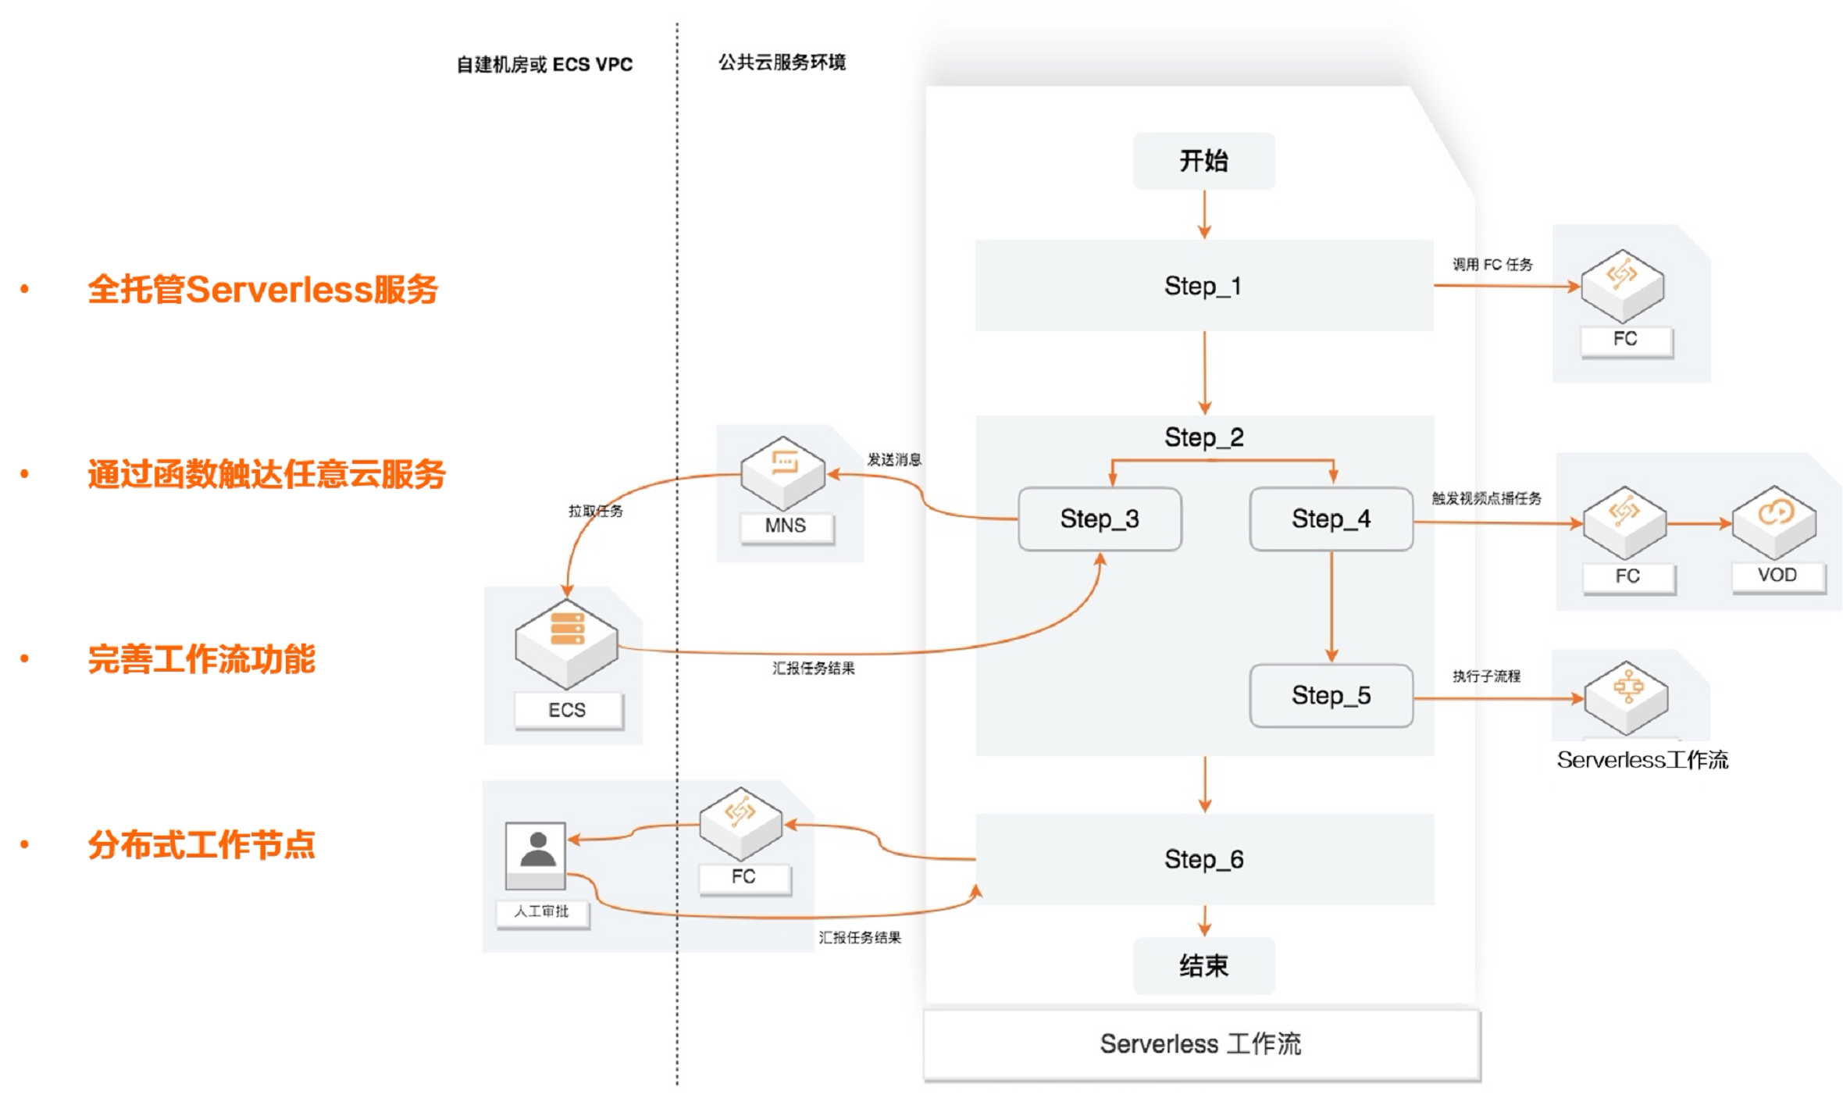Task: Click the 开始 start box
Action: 1203,161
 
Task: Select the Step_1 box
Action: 1203,286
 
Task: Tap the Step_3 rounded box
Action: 1100,519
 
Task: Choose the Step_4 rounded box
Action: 1331,519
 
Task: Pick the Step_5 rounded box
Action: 1331,695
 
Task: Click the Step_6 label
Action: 1203,859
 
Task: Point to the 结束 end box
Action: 1203,966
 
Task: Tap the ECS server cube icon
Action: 567,642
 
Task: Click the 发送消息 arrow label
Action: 894,459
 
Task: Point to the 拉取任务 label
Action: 595,511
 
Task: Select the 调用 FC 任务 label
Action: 1492,265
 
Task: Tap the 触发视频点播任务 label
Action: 1486,498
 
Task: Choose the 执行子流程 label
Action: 1486,676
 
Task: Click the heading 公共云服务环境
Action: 782,62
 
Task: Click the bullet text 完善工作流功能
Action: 201,659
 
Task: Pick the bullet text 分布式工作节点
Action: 201,844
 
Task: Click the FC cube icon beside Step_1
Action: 1622,285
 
